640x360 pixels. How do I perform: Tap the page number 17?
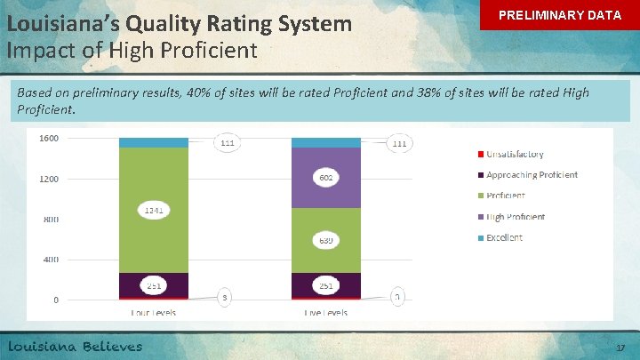tap(620, 349)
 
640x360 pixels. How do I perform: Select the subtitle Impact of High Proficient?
tap(132, 51)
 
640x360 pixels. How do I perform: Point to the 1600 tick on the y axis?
tap(49, 138)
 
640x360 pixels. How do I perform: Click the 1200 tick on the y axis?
tap(49, 179)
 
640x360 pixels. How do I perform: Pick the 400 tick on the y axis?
tap(51, 260)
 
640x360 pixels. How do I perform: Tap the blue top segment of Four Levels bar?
tap(154, 142)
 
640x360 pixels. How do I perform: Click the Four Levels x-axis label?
tap(154, 312)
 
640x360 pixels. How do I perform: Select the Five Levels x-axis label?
tap(326, 312)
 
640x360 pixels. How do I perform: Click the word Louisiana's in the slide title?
tap(51, 23)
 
